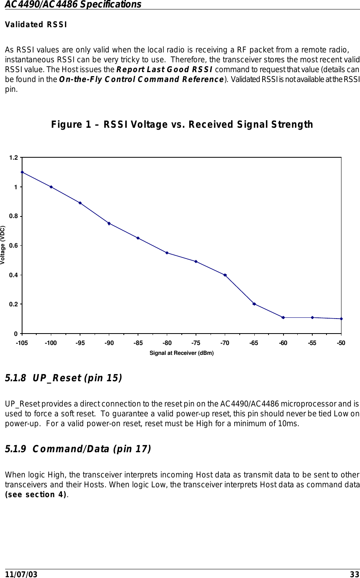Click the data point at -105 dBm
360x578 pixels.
(22, 172)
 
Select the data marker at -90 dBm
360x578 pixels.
(109, 224)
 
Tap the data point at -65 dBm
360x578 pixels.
(254, 304)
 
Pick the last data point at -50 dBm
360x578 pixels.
(341, 319)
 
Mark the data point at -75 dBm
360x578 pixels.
(196, 261)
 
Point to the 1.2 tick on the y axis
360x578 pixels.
(14, 158)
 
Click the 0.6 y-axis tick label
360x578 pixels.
(14, 246)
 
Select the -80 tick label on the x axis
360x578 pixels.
(167, 343)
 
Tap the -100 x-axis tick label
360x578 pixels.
(51, 343)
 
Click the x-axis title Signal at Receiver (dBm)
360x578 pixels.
(181, 353)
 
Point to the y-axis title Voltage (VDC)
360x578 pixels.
(3, 245)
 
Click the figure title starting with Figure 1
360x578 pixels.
(182, 125)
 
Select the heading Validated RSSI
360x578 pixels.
(36, 24)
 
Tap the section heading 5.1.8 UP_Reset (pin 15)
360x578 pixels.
(63, 378)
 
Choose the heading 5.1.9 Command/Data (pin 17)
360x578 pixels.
(78, 449)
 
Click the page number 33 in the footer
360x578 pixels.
(354, 574)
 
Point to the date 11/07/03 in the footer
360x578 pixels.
(21, 574)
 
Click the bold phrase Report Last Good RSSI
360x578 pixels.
(164, 70)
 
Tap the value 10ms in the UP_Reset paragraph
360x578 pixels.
(289, 424)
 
